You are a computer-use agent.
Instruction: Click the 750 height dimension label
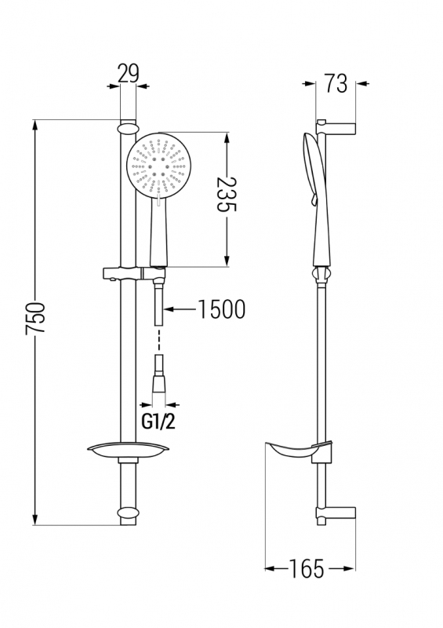(35, 318)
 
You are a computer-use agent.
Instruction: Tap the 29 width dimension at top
(128, 73)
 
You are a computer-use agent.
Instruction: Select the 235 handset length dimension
(227, 195)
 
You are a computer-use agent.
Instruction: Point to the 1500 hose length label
(221, 309)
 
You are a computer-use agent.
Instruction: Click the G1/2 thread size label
(158, 422)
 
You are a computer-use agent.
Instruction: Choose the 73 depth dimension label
(336, 83)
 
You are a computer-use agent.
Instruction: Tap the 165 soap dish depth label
(307, 568)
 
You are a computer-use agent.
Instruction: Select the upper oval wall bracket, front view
(128, 128)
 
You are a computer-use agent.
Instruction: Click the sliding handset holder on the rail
(134, 273)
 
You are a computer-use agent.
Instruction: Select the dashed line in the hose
(159, 341)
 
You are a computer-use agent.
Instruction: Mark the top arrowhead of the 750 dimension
(35, 125)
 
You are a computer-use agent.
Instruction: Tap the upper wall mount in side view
(336, 126)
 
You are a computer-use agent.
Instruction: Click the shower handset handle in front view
(159, 232)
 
